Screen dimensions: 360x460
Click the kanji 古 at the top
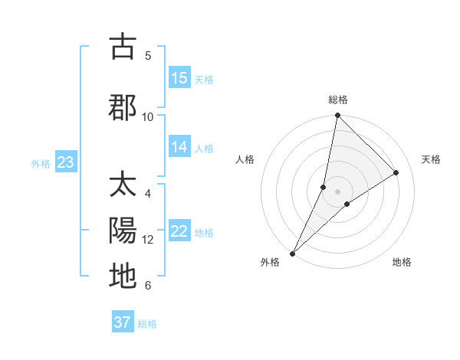tap(123, 47)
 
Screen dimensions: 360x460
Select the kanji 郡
tap(123, 107)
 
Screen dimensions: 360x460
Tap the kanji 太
tap(123, 185)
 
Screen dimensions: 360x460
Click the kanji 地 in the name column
tap(123, 276)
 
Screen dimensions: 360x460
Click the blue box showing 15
tap(179, 78)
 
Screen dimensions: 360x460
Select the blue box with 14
tap(179, 148)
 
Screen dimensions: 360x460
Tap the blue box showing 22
tap(179, 232)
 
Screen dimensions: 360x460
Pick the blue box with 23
tap(65, 162)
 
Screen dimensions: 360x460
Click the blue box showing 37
tap(123, 322)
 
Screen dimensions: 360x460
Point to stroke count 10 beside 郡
tap(148, 116)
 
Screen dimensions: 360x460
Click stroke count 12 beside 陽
tap(148, 239)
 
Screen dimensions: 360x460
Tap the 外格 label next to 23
tap(41, 163)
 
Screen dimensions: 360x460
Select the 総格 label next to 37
tap(147, 324)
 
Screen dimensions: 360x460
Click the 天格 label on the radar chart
tap(432, 159)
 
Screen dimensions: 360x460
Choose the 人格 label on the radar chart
tap(245, 159)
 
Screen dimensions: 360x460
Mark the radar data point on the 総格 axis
tap(337, 115)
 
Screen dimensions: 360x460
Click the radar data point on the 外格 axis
tap(292, 253)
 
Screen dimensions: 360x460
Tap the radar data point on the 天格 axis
tap(396, 172)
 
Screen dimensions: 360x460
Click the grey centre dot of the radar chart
tap(337, 191)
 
